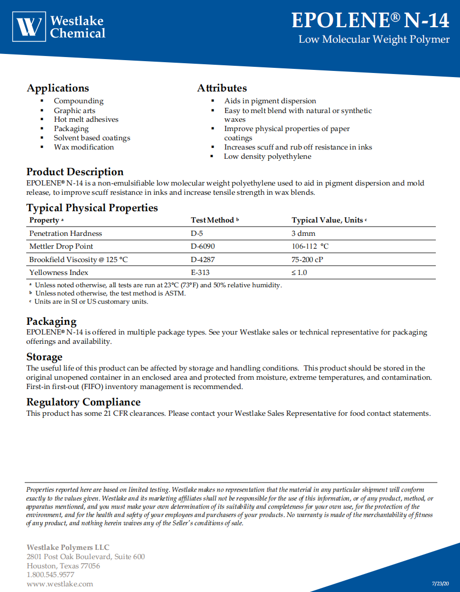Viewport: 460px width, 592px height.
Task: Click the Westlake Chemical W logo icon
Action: point(29,26)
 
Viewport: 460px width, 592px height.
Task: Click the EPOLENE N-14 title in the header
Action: point(370,20)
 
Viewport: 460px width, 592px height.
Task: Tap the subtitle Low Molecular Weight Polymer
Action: point(374,40)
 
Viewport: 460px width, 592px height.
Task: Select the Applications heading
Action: point(58,88)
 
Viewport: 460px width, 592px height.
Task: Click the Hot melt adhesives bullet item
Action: point(86,119)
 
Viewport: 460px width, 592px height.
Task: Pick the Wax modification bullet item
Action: point(84,147)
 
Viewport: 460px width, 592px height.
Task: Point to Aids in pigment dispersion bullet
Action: point(270,101)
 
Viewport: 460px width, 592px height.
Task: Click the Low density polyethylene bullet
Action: point(267,156)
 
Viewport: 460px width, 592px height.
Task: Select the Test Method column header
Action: point(213,220)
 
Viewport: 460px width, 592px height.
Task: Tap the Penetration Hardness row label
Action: point(66,233)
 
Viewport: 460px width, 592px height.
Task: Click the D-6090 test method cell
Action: point(203,246)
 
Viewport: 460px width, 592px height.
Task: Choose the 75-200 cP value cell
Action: point(307,260)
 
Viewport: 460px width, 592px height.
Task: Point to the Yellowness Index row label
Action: point(59,272)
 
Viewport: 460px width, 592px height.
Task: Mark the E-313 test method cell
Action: point(200,272)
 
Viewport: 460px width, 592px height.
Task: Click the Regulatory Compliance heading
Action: point(83,402)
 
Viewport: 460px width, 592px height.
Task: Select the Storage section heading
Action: point(44,357)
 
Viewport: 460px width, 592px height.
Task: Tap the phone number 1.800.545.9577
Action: point(50,575)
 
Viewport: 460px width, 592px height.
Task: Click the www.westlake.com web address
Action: point(60,584)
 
